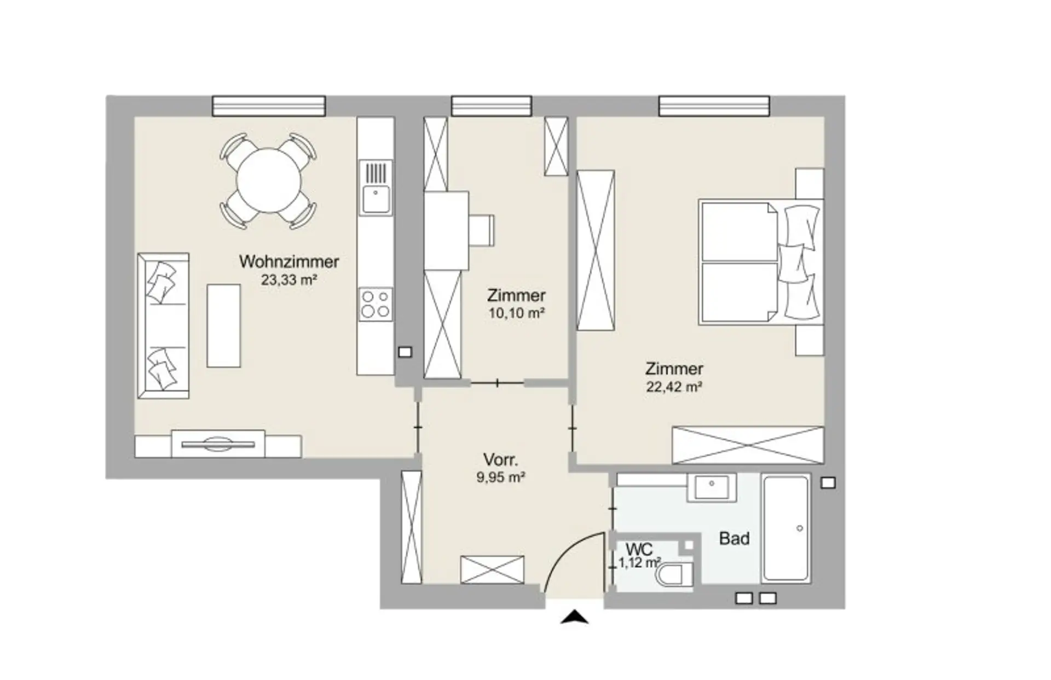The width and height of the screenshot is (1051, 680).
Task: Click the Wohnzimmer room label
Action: tap(289, 261)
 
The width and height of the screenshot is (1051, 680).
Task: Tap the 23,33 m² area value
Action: tap(289, 280)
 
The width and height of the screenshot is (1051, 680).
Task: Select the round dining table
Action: tap(268, 181)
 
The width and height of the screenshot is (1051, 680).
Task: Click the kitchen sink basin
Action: tap(376, 199)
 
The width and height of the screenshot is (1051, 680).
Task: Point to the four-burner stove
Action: tap(376, 305)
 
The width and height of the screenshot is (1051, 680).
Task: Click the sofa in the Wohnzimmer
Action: tap(163, 326)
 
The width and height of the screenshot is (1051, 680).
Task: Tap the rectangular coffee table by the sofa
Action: tap(223, 326)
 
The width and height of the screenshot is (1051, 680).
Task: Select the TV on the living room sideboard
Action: tap(218, 444)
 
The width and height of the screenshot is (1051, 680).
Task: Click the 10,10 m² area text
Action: tap(516, 313)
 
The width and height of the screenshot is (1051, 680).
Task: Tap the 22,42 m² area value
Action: tap(674, 387)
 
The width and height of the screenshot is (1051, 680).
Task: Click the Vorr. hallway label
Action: tap(500, 459)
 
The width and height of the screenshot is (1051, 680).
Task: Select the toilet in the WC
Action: tap(675, 575)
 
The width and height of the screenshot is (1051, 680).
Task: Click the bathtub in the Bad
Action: tap(787, 528)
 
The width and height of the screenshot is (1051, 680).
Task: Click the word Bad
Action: tap(734, 539)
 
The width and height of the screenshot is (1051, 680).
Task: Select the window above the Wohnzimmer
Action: tap(269, 106)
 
